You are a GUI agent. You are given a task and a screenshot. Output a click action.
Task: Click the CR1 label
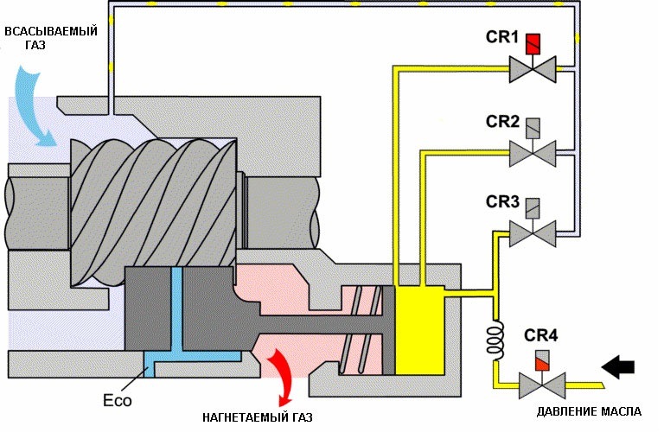click(x=501, y=37)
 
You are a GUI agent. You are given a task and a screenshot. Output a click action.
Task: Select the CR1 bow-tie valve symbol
click(x=533, y=69)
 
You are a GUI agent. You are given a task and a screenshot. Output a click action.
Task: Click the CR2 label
click(x=502, y=122)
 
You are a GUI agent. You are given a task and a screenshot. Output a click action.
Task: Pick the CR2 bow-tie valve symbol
click(x=533, y=153)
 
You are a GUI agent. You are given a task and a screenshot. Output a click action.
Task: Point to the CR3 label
click(x=502, y=201)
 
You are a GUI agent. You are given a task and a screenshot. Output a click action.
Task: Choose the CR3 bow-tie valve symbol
click(x=533, y=233)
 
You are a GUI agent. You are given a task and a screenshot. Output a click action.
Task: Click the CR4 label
click(x=540, y=335)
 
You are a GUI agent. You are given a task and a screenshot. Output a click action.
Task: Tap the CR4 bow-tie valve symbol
click(x=542, y=385)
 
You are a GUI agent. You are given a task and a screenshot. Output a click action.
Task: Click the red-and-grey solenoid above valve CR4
click(x=542, y=361)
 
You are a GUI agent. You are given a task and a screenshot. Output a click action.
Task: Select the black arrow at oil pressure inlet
click(x=618, y=366)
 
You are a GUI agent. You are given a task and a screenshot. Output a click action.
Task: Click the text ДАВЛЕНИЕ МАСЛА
click(x=589, y=411)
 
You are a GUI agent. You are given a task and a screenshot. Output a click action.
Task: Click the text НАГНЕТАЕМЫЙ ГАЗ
click(x=258, y=417)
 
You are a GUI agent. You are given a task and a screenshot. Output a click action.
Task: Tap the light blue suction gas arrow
click(x=35, y=109)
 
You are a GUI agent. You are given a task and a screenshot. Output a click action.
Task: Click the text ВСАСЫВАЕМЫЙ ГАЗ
click(x=51, y=38)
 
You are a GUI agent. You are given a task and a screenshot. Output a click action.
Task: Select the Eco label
click(x=118, y=400)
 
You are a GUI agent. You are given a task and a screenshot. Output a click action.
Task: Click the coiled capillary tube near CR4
click(x=495, y=337)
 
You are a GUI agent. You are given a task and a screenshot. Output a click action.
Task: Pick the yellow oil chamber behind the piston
click(x=419, y=330)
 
